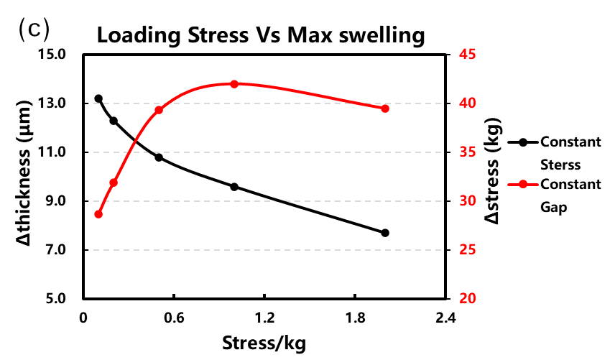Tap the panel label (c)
coord(34,29)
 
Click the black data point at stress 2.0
coord(385,233)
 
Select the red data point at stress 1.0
coord(234,83)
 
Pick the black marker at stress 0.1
coord(98,98)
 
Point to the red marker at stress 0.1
coord(98,214)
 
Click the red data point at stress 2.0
coord(385,109)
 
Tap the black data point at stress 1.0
coord(234,187)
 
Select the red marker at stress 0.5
coord(159,110)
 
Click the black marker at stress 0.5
coord(159,157)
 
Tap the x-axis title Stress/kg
coord(264,343)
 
